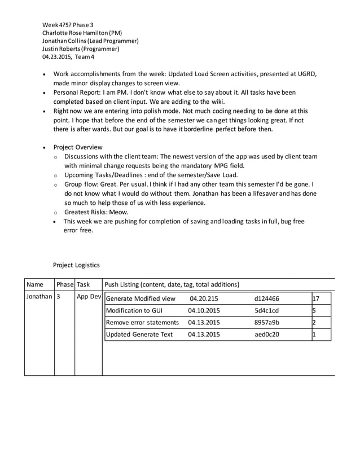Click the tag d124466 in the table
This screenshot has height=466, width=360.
pyautogui.click(x=266, y=298)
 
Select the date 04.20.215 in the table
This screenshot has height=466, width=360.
pyautogui.click(x=204, y=298)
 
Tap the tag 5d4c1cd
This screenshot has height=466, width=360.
pyautogui.click(x=266, y=311)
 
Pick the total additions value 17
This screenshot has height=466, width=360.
pyautogui.click(x=317, y=298)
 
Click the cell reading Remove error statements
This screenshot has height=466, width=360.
pyautogui.click(x=142, y=323)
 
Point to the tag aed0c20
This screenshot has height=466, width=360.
pyautogui.click(x=266, y=335)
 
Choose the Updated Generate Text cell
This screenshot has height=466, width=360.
pyautogui.click(x=139, y=335)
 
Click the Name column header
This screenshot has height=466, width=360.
pyautogui.click(x=35, y=285)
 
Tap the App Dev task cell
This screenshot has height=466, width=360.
pyautogui.click(x=89, y=297)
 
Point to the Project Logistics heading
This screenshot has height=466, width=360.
pyautogui.click(x=76, y=265)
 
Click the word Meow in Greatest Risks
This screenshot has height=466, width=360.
pyautogui.click(x=118, y=212)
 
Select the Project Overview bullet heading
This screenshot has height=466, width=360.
pyautogui.click(x=78, y=147)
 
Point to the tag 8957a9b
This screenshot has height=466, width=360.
pyautogui.click(x=266, y=323)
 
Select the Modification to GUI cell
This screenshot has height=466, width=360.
pyautogui.click(x=134, y=311)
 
